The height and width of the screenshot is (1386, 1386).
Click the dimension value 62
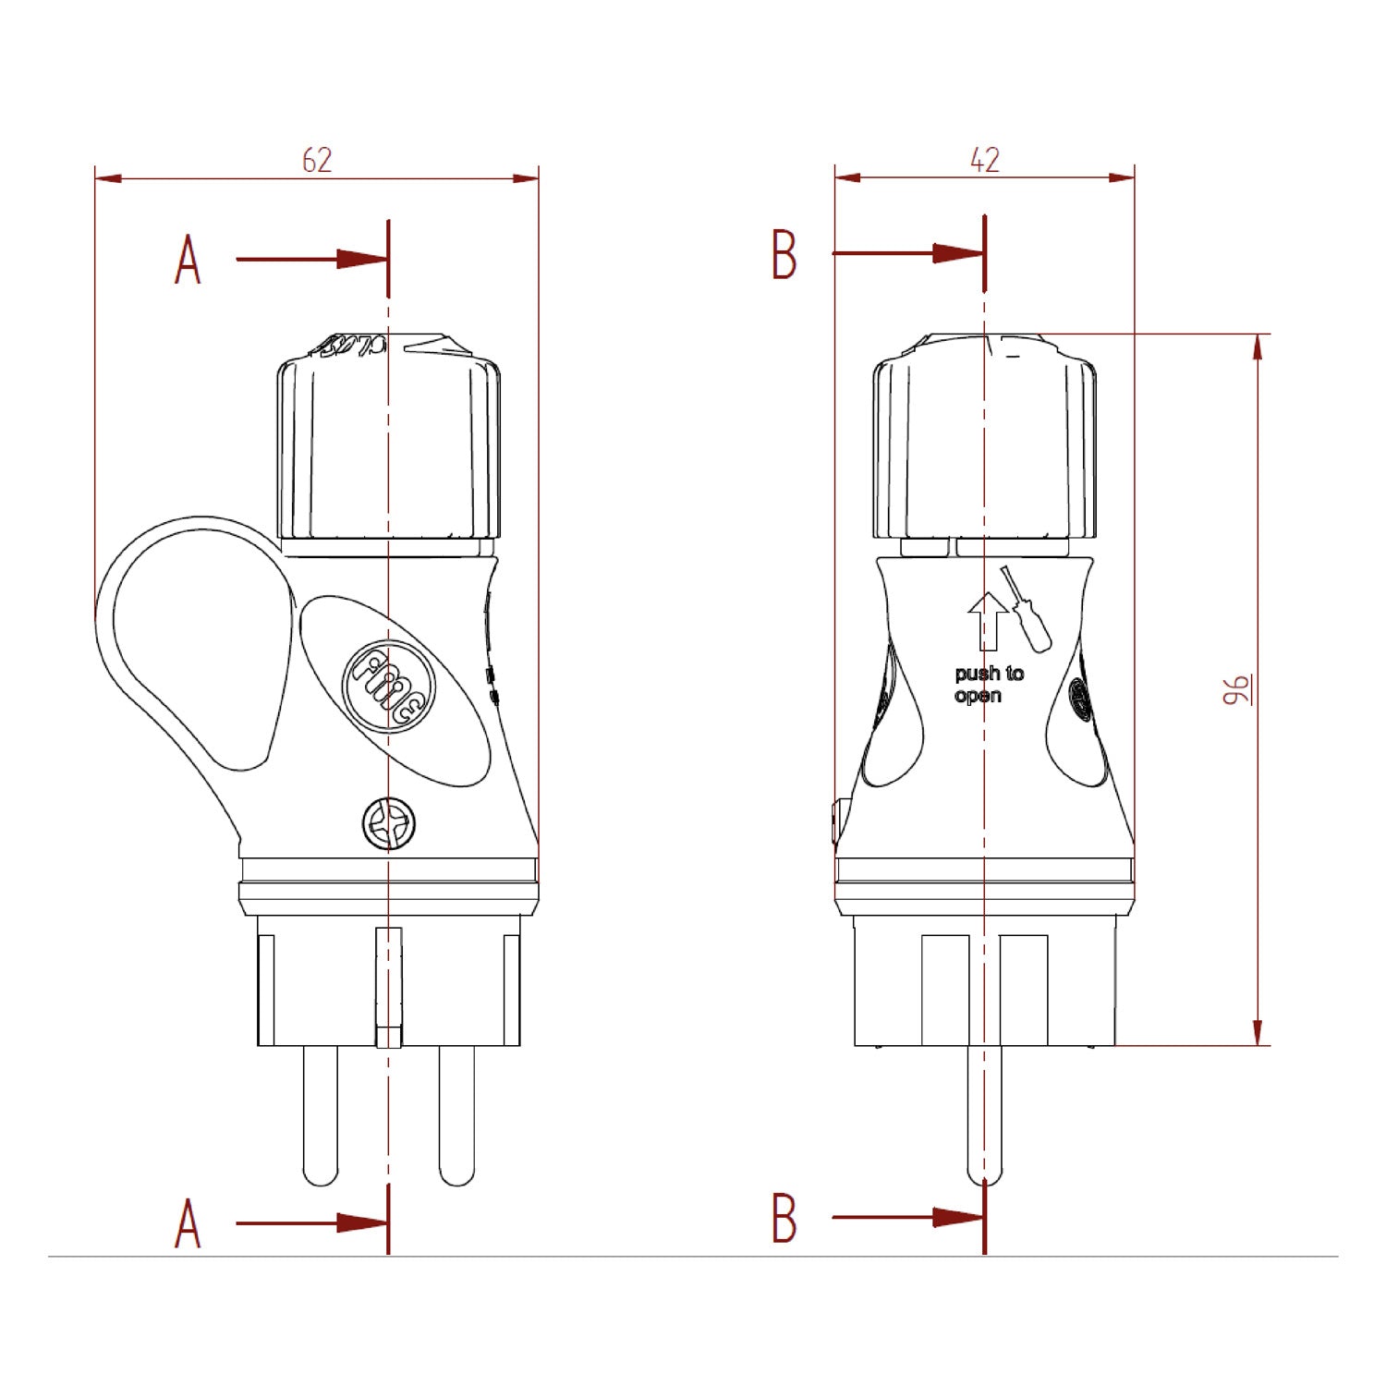[317, 161]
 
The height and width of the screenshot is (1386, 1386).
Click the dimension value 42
[985, 161]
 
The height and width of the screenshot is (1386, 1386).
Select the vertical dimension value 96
[1236, 689]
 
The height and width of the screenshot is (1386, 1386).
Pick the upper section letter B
[784, 255]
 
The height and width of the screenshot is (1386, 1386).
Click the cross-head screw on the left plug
[388, 823]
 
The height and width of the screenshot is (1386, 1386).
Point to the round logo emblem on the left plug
[388, 686]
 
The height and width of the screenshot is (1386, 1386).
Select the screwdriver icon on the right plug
[1027, 610]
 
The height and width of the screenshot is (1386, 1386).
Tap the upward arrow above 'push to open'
[988, 620]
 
